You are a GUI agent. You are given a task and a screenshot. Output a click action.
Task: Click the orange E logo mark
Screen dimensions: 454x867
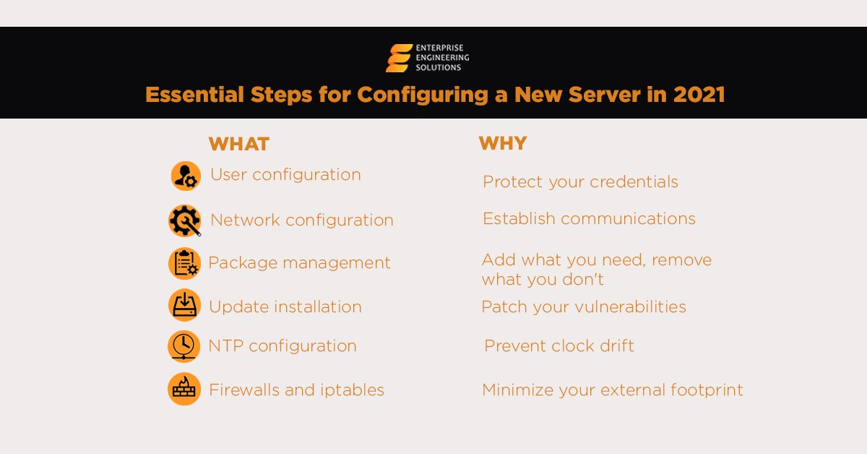399,59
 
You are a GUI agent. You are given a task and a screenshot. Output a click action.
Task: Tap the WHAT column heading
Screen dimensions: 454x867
238,144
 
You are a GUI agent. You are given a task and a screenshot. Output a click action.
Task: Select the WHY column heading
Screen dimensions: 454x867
502,143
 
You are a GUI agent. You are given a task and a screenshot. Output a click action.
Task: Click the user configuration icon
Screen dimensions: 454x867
186,176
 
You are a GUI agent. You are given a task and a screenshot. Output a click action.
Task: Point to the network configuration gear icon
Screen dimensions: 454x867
185,220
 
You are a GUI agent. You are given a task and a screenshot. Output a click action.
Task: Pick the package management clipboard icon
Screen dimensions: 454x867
184,263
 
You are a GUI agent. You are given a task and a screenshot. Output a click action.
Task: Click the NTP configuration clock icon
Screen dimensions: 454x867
184,346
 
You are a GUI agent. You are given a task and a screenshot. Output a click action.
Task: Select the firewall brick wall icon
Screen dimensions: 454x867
184,389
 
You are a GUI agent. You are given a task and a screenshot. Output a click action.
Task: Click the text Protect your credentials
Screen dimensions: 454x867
580,182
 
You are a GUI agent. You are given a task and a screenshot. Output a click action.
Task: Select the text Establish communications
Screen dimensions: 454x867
589,218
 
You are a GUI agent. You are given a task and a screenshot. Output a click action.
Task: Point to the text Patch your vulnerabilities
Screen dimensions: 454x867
583,307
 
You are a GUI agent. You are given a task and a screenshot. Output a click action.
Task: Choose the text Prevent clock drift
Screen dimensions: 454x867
558,346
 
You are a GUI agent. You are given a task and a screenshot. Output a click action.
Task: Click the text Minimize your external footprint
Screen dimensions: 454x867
612,390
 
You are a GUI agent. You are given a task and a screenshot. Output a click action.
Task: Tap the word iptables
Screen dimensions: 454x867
352,390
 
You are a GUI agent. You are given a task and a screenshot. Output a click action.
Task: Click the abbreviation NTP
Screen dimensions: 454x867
225,346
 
